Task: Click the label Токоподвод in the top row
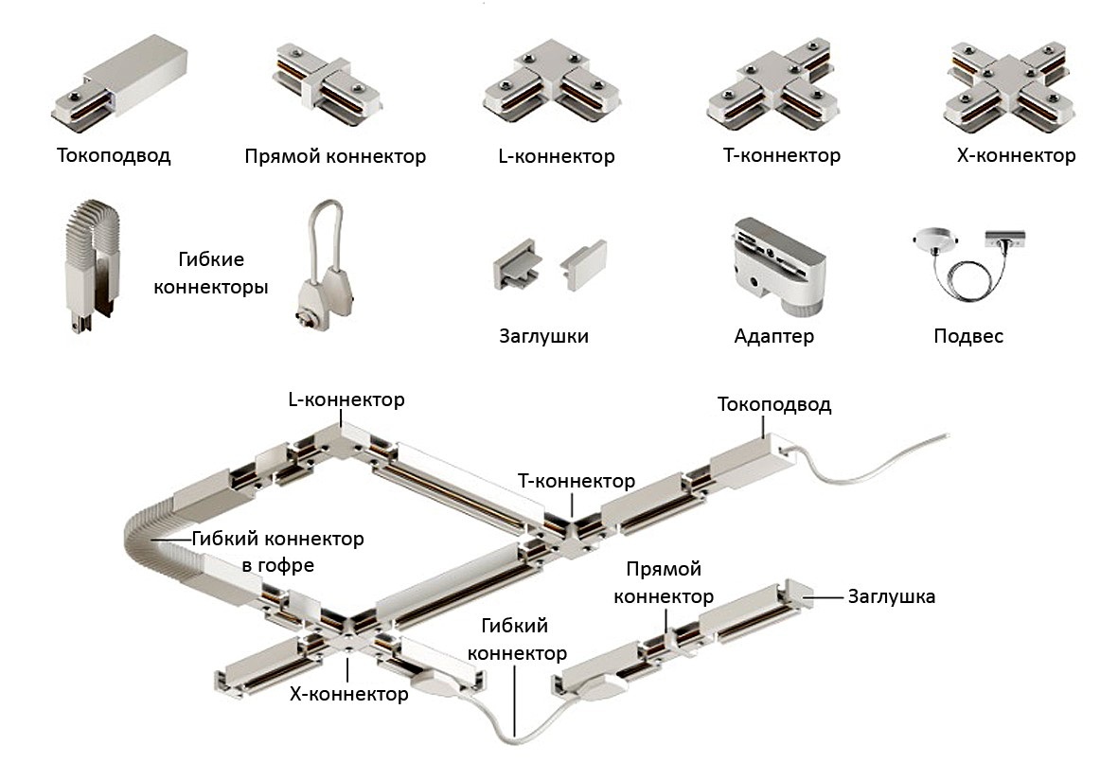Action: click(114, 155)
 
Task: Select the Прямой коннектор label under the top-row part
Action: click(334, 156)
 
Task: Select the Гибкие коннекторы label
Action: click(209, 272)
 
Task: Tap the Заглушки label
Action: click(543, 336)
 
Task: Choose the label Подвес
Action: click(967, 336)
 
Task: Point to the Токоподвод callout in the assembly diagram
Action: click(774, 405)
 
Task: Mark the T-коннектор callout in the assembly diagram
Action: click(577, 481)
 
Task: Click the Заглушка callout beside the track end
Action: click(892, 597)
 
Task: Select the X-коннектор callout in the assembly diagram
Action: click(348, 695)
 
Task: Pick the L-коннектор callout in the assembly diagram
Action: click(346, 399)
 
